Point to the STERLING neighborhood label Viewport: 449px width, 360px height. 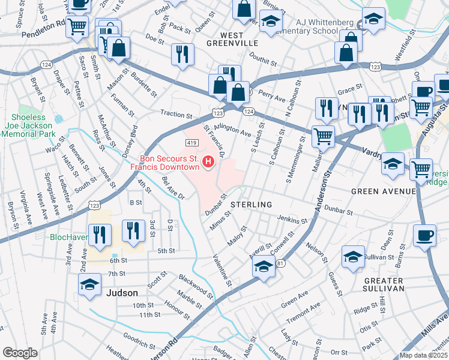coord(252,205)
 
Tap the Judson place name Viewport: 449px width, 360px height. coord(122,293)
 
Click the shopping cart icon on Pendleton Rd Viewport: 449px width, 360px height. coord(77,27)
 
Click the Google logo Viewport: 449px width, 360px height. coord(20,353)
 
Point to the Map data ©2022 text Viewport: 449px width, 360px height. coord(424,355)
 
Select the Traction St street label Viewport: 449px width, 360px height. coord(176,113)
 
